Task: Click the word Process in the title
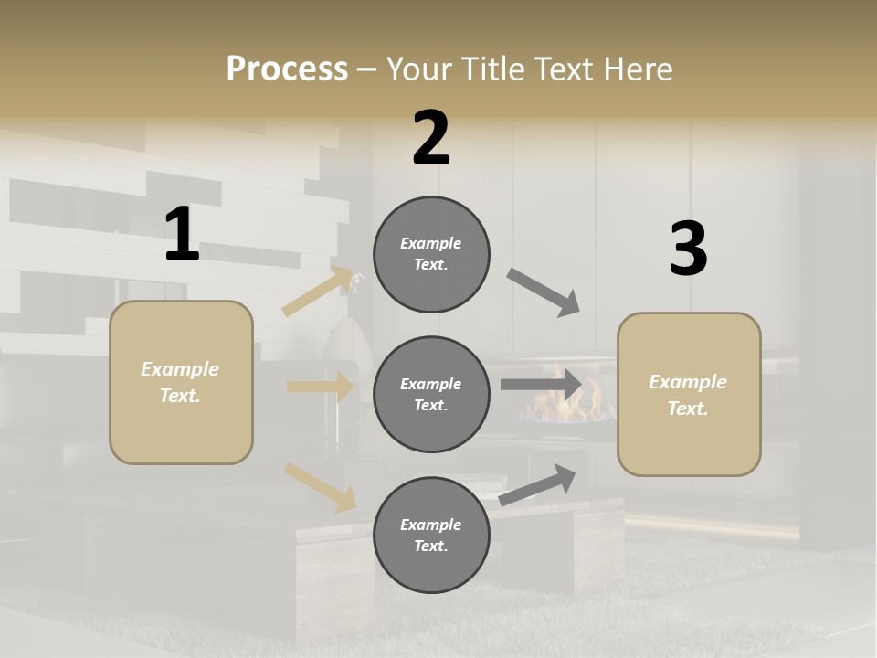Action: point(287,69)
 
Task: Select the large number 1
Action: point(182,235)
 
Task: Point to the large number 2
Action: point(431,138)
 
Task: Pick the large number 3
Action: point(688,249)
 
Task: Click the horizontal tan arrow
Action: point(321,387)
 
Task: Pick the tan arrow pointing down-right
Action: point(321,486)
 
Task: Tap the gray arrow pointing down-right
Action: point(544,292)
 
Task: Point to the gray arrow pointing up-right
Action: point(538,484)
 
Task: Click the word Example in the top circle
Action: point(431,243)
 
